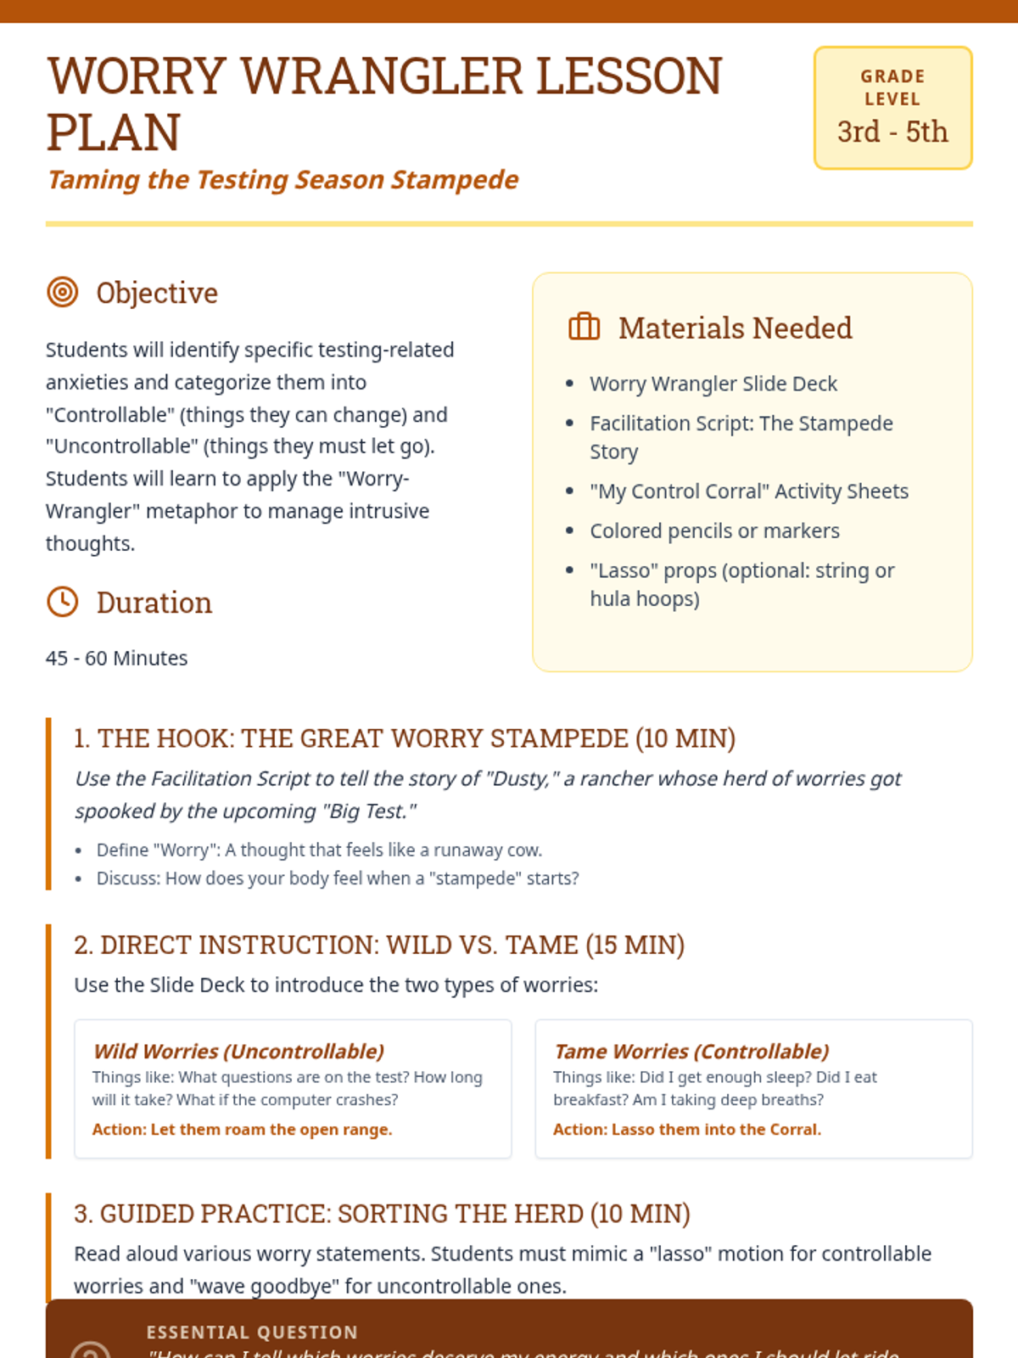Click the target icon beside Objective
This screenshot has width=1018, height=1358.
[62, 292]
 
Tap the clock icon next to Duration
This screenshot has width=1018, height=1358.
[62, 602]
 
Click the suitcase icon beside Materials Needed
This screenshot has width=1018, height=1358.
[584, 327]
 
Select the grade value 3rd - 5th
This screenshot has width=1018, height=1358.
[892, 132]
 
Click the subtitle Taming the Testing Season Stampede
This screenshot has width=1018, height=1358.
[282, 180]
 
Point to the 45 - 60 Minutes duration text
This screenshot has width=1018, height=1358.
[117, 659]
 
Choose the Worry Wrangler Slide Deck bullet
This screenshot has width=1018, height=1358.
[713, 384]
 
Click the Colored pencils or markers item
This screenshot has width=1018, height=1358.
[714, 531]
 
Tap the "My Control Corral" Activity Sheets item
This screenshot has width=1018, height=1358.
[748, 491]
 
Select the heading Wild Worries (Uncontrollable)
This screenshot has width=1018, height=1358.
[238, 1052]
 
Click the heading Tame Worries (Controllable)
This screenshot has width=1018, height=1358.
[691, 1052]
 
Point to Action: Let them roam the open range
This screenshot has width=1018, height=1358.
[242, 1130]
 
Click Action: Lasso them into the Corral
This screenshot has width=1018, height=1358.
[686, 1130]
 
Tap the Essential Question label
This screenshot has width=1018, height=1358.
[252, 1333]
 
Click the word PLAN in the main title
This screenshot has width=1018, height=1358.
[114, 133]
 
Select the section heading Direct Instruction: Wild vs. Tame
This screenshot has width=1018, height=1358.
[379, 945]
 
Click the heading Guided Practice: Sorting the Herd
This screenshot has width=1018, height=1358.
[382, 1214]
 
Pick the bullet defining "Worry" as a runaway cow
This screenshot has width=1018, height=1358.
[319, 850]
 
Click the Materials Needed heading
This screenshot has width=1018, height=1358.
[735, 328]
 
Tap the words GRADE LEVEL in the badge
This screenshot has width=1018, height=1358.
[892, 87]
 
